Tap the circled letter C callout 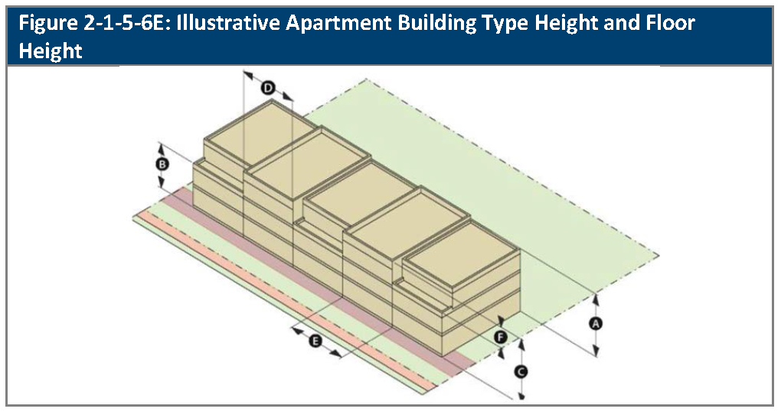click(521, 372)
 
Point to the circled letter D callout click(268, 88)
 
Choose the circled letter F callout click(501, 336)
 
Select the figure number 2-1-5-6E click(111, 22)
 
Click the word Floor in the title click(668, 22)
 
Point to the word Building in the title click(447, 22)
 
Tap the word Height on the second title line click(50, 51)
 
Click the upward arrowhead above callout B click(161, 146)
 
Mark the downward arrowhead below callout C click(521, 397)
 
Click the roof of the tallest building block click(260, 138)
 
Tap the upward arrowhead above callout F click(502, 319)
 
